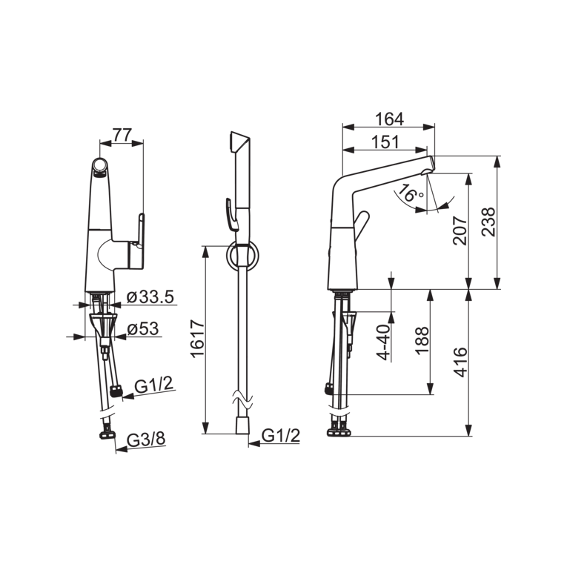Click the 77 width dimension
(x=122, y=135)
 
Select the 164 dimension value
(x=389, y=119)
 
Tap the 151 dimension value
(x=385, y=142)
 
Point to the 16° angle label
(x=412, y=193)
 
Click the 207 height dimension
(x=460, y=231)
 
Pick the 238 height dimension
(x=488, y=222)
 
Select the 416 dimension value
(x=460, y=362)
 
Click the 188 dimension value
(x=422, y=341)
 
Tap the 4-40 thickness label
(x=384, y=342)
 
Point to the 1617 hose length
(x=198, y=339)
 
